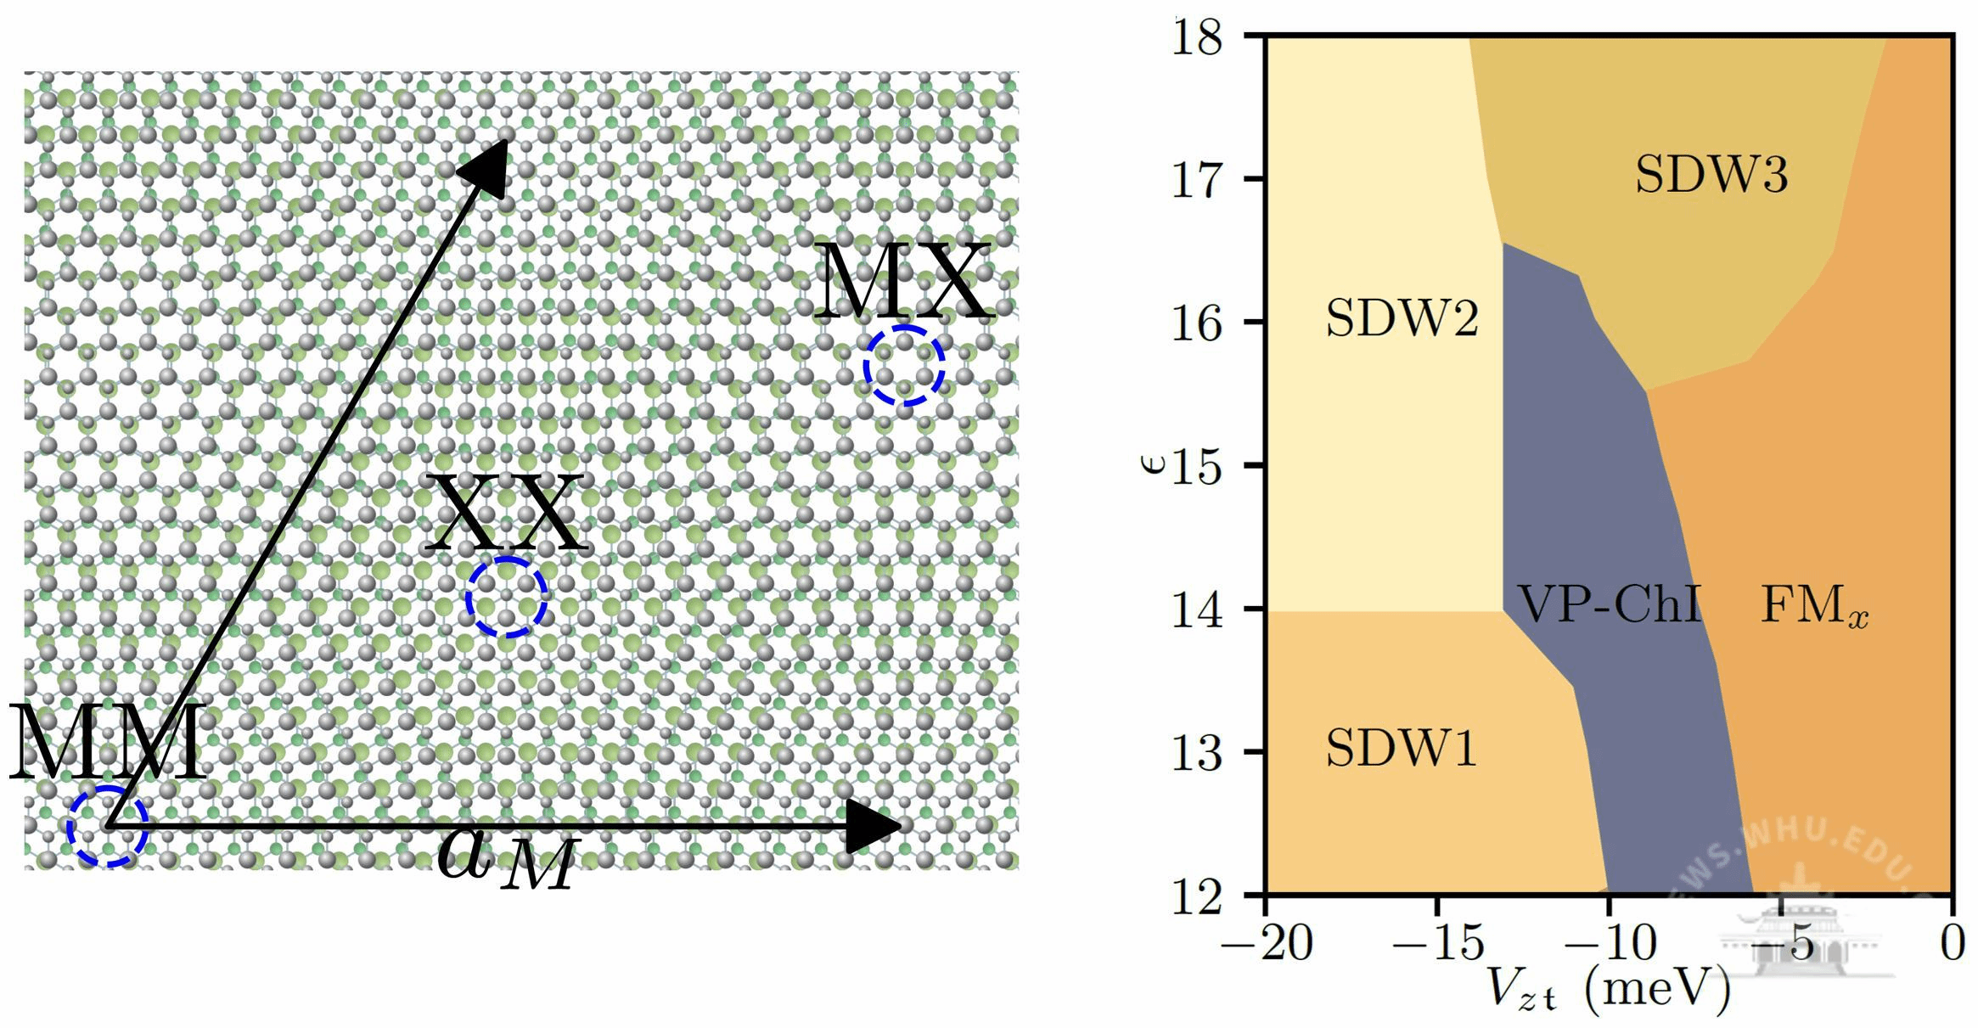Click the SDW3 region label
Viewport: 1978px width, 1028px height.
(x=1711, y=175)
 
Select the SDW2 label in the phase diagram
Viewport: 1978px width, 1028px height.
(x=1402, y=319)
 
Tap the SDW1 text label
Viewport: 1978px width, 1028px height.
(x=1401, y=748)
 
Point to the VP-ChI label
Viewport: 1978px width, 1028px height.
(x=1609, y=604)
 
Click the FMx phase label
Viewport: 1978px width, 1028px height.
(x=1814, y=606)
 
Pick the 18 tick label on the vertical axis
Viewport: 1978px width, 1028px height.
(x=1197, y=37)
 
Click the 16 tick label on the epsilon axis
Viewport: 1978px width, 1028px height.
(x=1197, y=323)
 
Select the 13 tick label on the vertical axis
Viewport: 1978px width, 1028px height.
(x=1197, y=752)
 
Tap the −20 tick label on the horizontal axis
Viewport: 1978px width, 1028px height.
(x=1267, y=942)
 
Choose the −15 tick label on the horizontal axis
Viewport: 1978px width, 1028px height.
(x=1438, y=942)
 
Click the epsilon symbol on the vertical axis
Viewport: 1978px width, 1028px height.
(x=1152, y=463)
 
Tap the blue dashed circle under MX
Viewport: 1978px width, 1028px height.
(x=904, y=365)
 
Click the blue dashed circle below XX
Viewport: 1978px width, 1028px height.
(x=506, y=598)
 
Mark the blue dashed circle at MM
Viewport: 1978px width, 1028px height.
(x=108, y=826)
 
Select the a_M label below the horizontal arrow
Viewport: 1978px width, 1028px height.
(x=508, y=859)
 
